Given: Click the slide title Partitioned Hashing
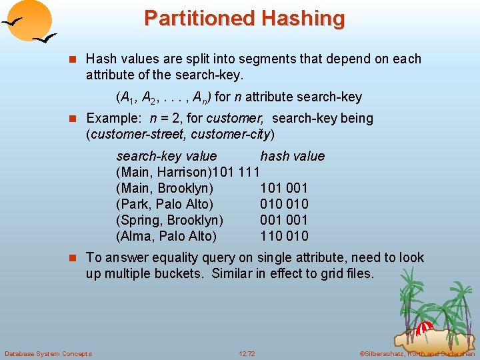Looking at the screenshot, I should click(x=244, y=18).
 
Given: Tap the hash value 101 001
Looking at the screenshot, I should click(x=284, y=188).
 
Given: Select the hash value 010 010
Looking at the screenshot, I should click(x=284, y=204).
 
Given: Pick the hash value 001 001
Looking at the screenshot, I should click(x=284, y=220).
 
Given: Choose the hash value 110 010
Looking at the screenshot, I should click(x=284, y=236).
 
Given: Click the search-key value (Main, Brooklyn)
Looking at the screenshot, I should click(x=165, y=188).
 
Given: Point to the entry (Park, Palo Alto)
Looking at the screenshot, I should click(x=165, y=204).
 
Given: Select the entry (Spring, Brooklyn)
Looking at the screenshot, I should click(x=169, y=220).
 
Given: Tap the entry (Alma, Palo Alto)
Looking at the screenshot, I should click(x=166, y=236).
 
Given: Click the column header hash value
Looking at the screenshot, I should click(x=292, y=156).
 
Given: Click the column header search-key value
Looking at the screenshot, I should click(x=167, y=156).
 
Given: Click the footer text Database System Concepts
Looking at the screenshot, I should click(x=48, y=353).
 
